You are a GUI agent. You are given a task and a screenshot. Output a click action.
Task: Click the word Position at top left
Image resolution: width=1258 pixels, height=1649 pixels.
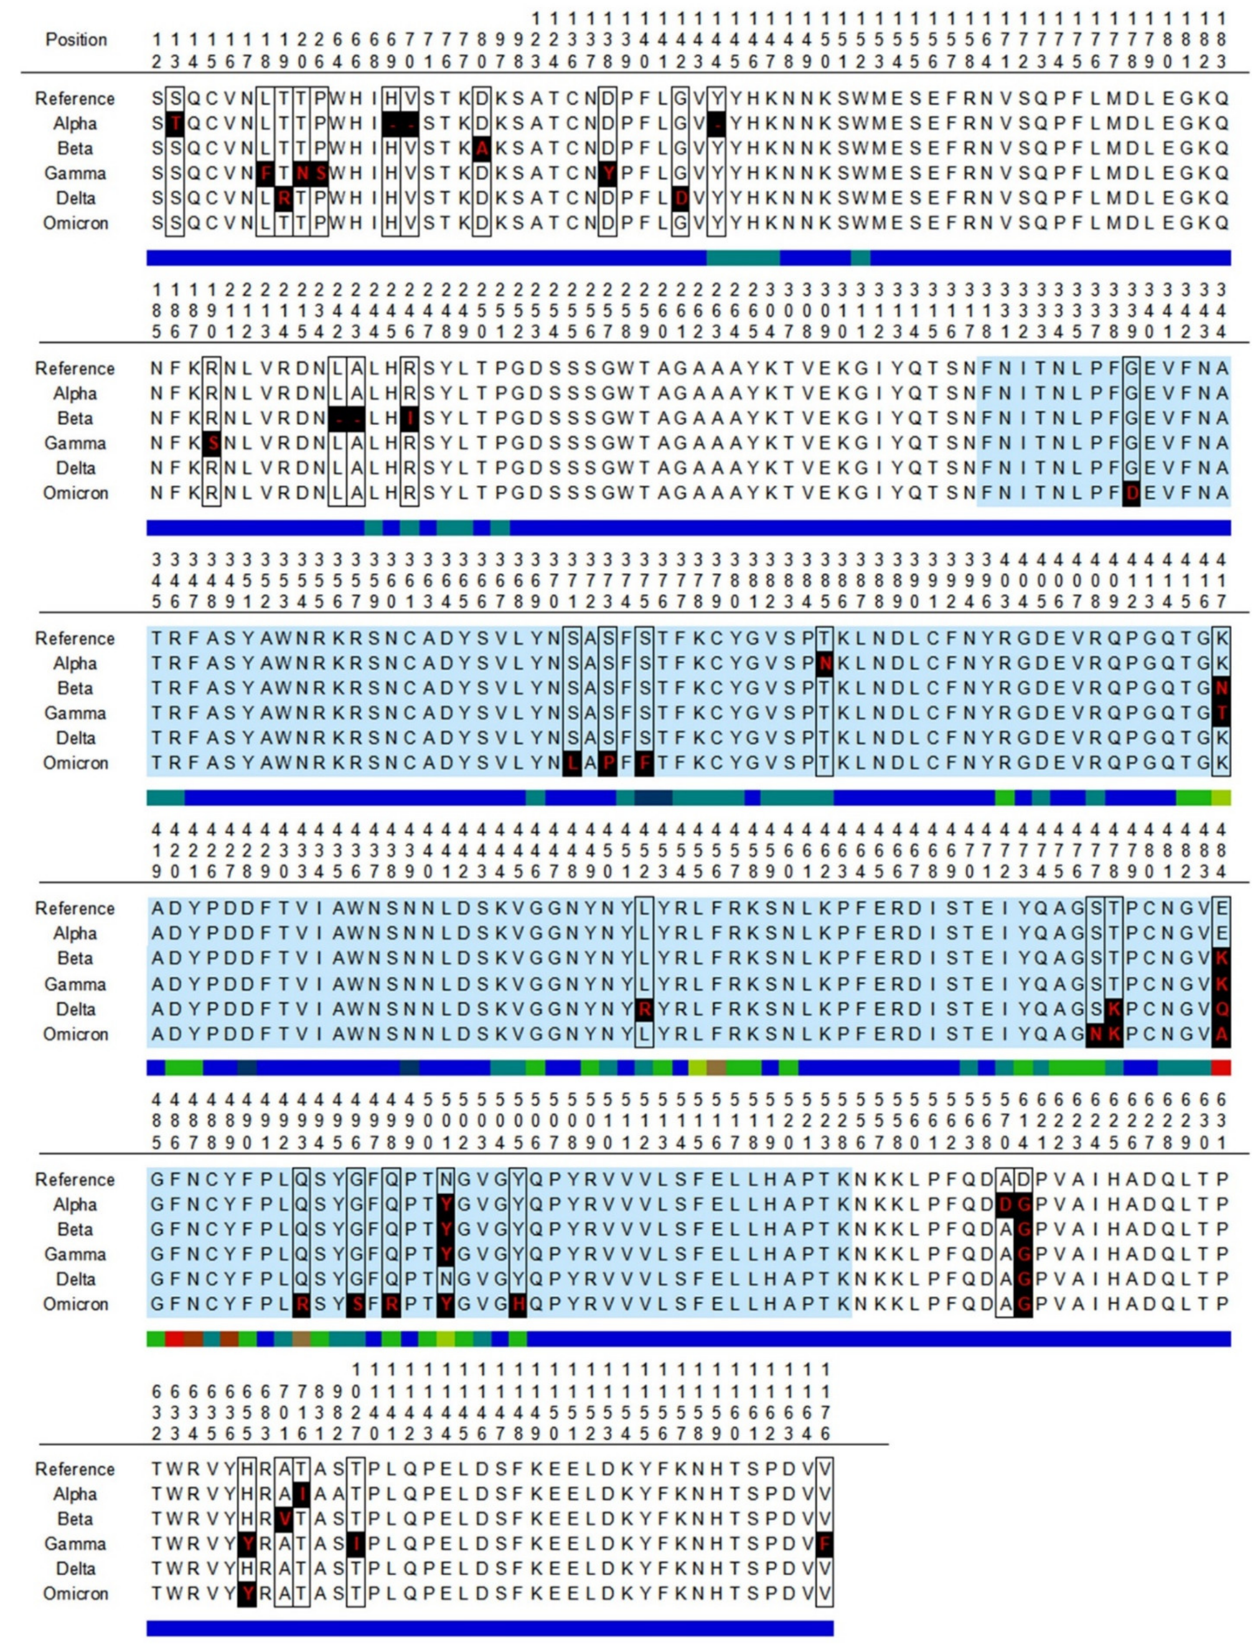tap(76, 39)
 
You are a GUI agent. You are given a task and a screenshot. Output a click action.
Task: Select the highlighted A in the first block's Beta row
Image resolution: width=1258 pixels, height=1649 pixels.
tap(482, 149)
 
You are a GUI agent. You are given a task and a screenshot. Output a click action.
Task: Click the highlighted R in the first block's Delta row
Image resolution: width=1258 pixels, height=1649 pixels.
tap(283, 199)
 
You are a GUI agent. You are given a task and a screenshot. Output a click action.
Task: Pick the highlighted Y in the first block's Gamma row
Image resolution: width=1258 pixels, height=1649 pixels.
tap(608, 174)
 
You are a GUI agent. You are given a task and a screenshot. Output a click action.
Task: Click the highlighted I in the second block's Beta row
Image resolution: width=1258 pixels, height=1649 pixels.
tap(409, 418)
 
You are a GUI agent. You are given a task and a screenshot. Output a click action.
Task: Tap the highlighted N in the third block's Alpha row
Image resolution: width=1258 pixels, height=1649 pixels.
tap(824, 663)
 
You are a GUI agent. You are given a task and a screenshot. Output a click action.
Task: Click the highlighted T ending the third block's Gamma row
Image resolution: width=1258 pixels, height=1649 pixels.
tap(1221, 713)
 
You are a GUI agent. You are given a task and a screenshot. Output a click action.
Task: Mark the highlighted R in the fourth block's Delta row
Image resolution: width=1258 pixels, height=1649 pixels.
tap(643, 1009)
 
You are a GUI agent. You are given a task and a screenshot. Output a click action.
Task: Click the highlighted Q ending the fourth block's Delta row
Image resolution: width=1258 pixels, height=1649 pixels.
tap(1221, 1009)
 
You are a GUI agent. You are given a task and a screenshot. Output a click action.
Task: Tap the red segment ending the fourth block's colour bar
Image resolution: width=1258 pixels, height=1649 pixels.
tap(1221, 1067)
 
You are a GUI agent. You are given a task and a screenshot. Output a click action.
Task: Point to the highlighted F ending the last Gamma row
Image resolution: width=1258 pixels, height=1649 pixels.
tap(824, 1543)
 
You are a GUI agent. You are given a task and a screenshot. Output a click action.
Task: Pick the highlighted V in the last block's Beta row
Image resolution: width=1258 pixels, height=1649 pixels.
tap(284, 1519)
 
